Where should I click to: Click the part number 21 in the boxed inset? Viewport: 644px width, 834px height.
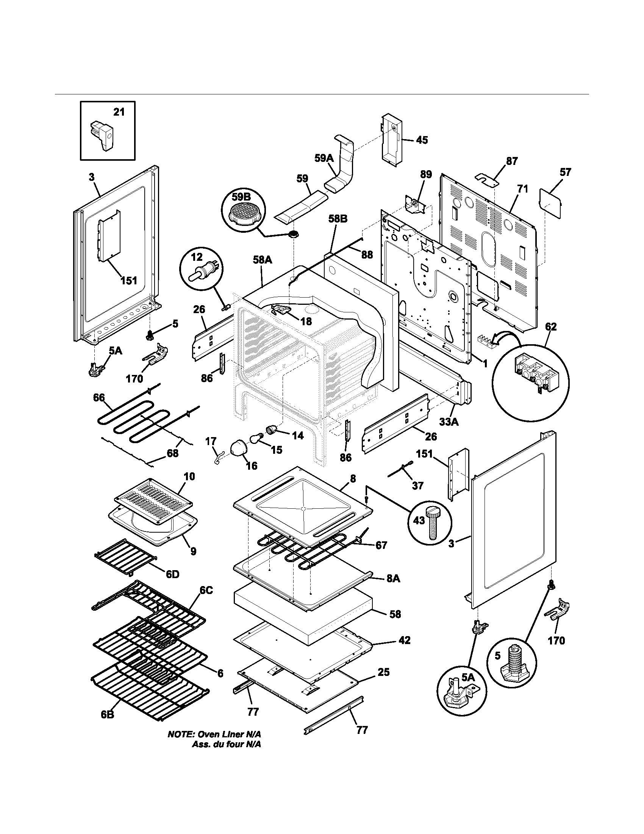click(x=119, y=112)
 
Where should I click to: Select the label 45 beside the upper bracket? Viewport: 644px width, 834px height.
click(x=421, y=140)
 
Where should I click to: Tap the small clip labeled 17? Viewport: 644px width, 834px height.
click(x=218, y=456)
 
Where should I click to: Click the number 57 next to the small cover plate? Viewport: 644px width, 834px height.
click(x=565, y=172)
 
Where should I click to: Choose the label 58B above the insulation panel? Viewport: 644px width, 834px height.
click(x=338, y=219)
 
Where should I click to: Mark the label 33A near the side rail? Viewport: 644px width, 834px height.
click(x=449, y=422)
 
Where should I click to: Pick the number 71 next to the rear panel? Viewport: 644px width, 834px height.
click(x=522, y=189)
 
